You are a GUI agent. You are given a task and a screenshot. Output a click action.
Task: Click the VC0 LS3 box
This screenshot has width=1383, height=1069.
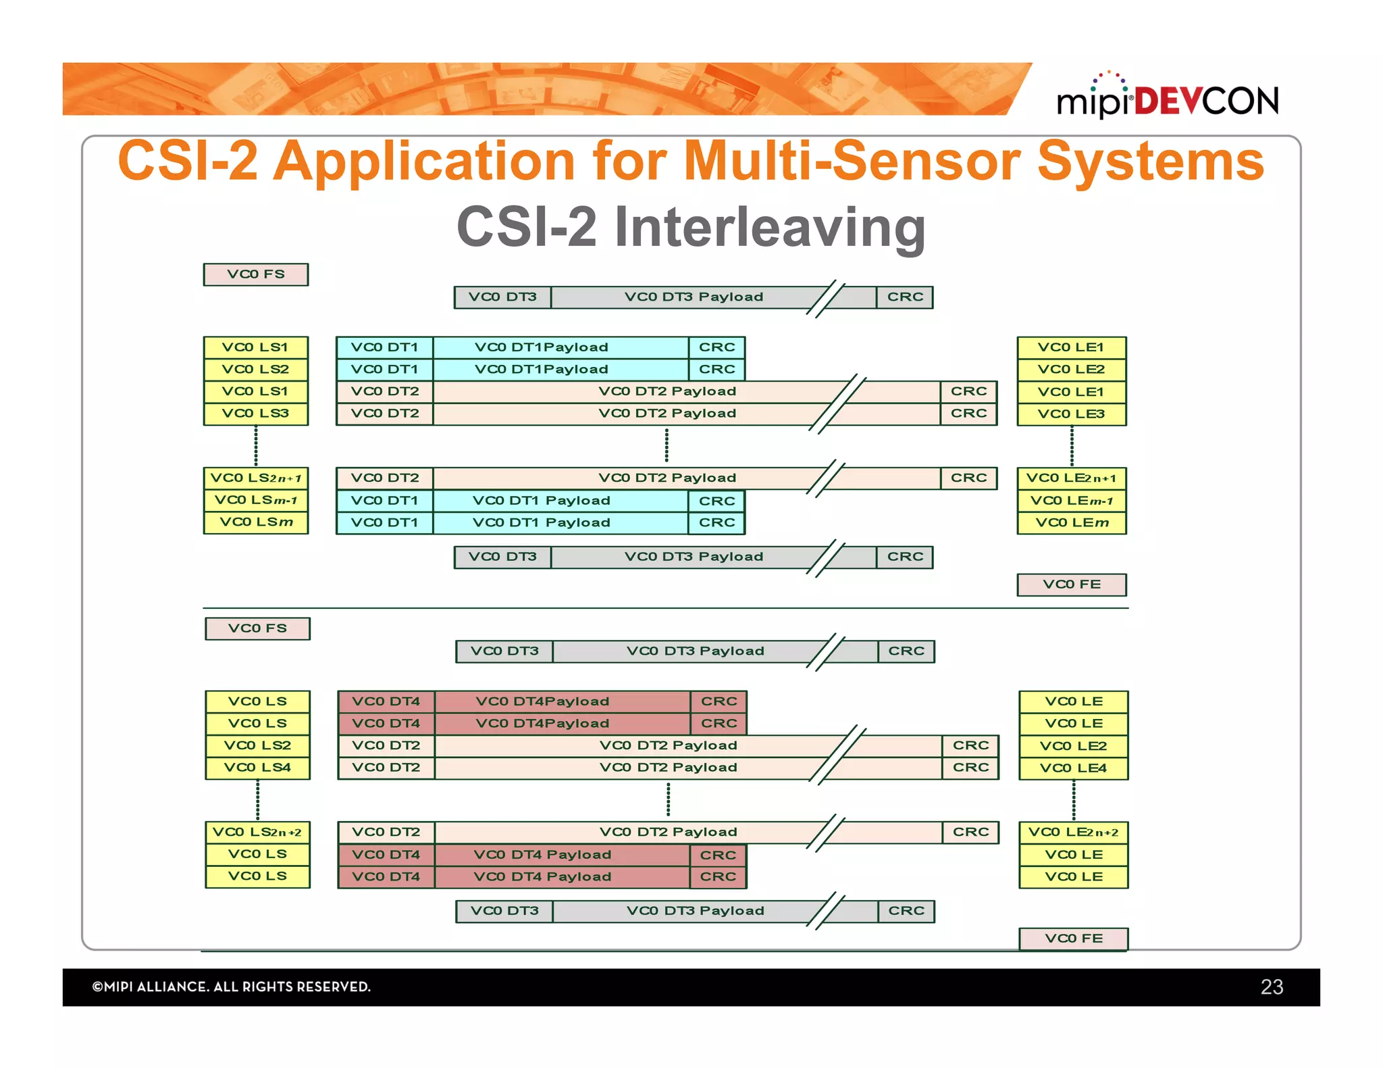click(255, 413)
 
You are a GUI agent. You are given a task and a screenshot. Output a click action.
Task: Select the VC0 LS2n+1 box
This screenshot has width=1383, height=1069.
click(255, 478)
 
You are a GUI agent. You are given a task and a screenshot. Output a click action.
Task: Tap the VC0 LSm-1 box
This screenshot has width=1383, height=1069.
click(255, 500)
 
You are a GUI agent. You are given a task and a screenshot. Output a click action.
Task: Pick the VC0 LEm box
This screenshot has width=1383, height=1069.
click(1072, 522)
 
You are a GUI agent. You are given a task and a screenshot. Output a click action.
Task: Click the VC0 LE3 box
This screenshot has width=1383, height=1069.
click(1072, 414)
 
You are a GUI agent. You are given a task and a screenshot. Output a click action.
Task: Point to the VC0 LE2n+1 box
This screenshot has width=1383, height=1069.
click(1072, 478)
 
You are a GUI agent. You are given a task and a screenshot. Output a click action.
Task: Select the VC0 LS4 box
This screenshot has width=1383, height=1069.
click(257, 768)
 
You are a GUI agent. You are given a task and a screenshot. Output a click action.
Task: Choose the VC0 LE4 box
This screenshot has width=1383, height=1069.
click(1073, 768)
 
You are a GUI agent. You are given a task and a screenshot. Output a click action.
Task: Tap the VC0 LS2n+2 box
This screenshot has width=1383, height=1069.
click(257, 832)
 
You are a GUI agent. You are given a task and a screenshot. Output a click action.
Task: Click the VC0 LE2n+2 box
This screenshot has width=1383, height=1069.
click(1073, 832)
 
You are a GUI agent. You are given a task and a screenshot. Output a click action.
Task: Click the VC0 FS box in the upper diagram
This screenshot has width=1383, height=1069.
click(255, 274)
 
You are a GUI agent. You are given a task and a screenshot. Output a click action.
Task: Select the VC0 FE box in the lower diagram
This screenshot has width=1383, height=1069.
click(1073, 938)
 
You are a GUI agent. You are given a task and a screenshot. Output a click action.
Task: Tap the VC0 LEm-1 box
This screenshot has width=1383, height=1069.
click(1072, 501)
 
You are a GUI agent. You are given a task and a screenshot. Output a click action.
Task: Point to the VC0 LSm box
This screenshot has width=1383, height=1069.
click(255, 522)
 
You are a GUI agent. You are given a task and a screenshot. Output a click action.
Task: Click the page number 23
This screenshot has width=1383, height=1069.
click(1272, 987)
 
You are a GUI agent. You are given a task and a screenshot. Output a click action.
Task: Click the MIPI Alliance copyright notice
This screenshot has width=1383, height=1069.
click(231, 987)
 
